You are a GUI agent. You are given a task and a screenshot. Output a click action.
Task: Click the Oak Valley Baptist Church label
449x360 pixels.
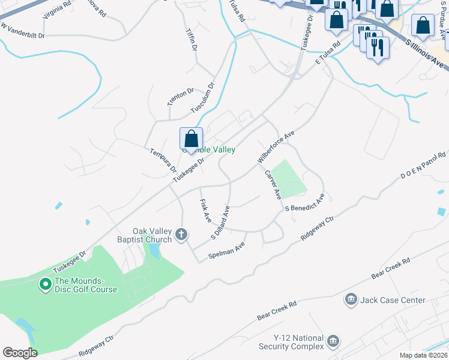[x=152, y=235]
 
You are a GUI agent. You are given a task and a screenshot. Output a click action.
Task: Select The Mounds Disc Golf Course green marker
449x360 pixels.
[x=45, y=284]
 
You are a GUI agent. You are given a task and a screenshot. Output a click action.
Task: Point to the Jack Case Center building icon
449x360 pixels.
[x=351, y=299]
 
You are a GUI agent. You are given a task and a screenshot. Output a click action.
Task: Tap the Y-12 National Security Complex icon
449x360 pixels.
[x=332, y=342]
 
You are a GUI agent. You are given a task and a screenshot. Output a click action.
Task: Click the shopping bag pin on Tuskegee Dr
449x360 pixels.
[x=191, y=139]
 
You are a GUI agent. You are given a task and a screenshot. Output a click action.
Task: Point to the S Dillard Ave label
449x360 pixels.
[x=220, y=223]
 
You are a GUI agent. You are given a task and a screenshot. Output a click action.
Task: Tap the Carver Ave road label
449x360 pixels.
[x=273, y=185]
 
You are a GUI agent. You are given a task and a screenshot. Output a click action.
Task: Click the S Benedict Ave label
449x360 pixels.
[x=306, y=202]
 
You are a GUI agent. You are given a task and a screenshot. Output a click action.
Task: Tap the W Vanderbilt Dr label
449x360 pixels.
[x=23, y=31]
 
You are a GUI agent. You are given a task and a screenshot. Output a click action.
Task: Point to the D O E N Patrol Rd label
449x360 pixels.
[x=424, y=167]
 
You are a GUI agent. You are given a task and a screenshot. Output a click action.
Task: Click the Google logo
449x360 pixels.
[x=20, y=353]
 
